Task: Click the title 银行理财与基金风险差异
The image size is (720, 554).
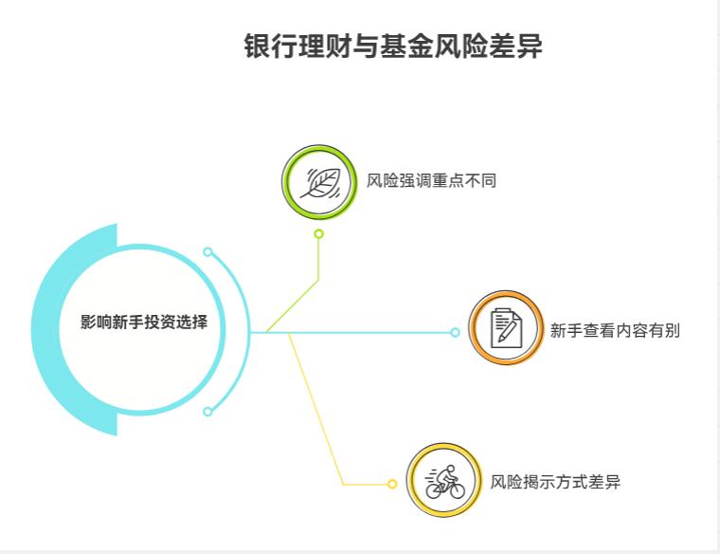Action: (393, 46)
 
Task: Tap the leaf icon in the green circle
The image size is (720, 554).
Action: (319, 181)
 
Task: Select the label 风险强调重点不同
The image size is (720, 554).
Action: (431, 181)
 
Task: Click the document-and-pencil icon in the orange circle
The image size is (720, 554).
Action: (506, 328)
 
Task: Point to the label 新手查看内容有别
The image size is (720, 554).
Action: (615, 331)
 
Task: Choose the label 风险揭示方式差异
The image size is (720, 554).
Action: (556, 482)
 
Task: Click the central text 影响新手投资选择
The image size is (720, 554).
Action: (144, 323)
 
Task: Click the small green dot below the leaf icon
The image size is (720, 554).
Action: (319, 233)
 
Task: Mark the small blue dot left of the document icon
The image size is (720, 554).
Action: (455, 332)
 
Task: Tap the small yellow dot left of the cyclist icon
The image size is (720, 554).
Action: (392, 484)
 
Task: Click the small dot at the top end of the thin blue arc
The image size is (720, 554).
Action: (207, 252)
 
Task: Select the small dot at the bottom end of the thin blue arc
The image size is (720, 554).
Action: (207, 412)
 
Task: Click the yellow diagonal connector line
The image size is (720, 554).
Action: (315, 408)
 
